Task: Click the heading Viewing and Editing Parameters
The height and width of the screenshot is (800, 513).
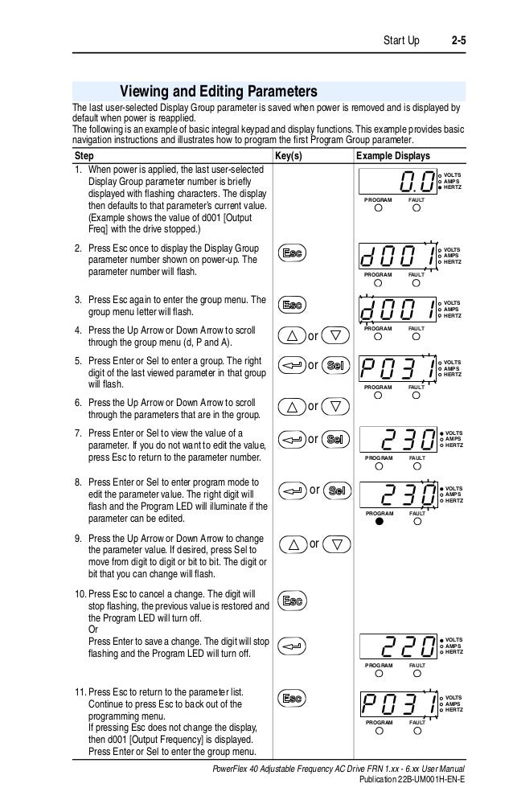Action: tap(218, 91)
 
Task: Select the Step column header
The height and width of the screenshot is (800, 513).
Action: tap(84, 155)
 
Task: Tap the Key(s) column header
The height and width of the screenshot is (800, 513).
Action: tap(288, 155)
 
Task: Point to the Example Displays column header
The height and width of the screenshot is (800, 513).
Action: tap(392, 155)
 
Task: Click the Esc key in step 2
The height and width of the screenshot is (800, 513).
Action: tap(292, 254)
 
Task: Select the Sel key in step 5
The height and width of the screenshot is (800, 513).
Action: tap(336, 367)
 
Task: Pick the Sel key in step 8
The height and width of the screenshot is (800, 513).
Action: tap(338, 490)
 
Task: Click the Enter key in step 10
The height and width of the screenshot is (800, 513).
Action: tap(292, 645)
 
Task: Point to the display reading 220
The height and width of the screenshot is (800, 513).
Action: tap(399, 646)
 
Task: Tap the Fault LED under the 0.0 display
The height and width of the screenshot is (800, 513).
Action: tap(417, 207)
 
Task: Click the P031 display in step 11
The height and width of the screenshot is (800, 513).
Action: tap(399, 702)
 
